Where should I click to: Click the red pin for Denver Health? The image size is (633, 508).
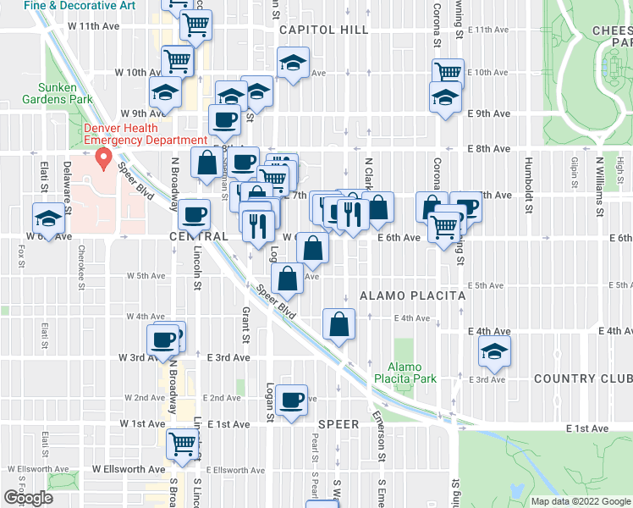point(104,157)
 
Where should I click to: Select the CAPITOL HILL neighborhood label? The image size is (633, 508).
point(323,30)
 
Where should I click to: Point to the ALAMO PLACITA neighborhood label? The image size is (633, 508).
point(413,295)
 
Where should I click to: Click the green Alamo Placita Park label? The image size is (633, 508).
point(411,373)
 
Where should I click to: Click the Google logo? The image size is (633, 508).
point(28,498)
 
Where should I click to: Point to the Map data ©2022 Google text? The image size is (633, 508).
point(580,500)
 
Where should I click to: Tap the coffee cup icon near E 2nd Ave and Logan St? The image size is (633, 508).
point(292,399)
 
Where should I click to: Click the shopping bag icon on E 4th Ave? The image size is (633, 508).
point(339,324)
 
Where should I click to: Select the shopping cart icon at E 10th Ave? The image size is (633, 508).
point(447,73)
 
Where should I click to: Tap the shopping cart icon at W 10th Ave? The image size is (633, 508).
point(178,60)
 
